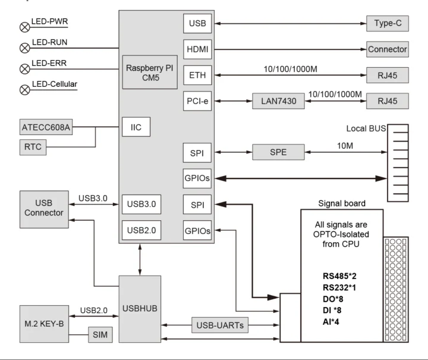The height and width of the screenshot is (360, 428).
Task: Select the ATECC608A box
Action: coord(46,127)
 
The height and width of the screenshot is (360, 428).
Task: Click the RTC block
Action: coord(32,147)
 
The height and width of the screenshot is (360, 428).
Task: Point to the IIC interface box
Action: coord(136,127)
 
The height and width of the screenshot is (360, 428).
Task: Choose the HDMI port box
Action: coord(197,49)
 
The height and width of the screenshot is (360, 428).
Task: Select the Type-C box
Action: coord(388,24)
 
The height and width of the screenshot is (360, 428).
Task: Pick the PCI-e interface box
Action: coord(197,101)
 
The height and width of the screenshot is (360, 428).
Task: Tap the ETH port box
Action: coord(197,75)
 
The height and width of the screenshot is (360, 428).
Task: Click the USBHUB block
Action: coord(140,309)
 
